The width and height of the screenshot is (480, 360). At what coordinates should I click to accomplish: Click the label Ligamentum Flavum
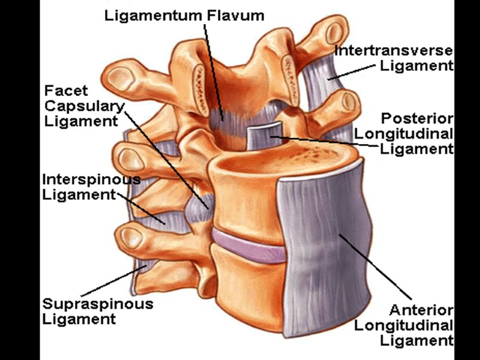(184, 15)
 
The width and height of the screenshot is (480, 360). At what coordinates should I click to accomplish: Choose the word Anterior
(420, 310)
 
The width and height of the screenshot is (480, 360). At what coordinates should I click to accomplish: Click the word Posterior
(417, 118)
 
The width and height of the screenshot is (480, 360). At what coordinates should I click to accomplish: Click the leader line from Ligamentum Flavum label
(213, 66)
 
